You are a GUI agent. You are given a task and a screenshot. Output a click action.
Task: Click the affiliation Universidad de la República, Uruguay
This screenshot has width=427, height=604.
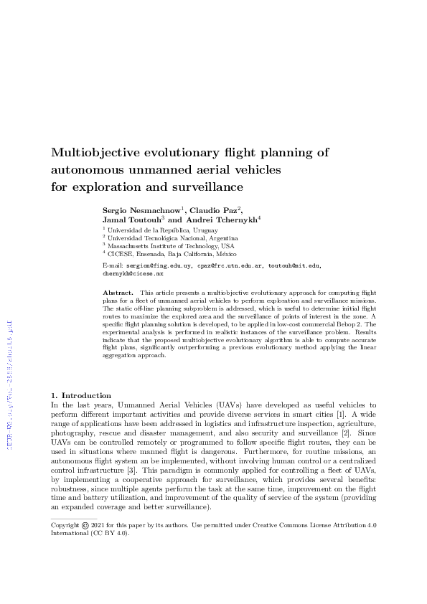click(x=153, y=230)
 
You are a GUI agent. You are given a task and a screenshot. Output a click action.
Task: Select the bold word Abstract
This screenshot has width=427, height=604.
click(x=118, y=293)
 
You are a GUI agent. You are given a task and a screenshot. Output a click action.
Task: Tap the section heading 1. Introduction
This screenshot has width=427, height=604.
click(x=81, y=395)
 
